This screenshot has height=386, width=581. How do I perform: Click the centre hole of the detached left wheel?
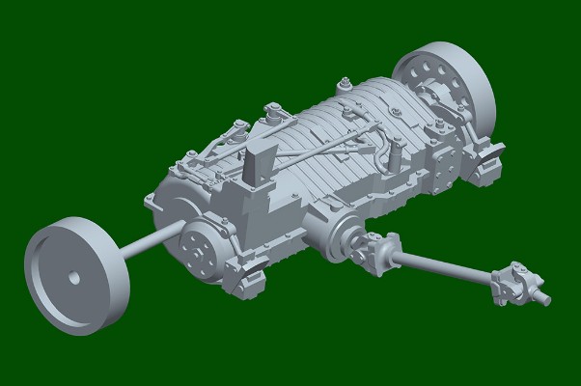tap(74, 277)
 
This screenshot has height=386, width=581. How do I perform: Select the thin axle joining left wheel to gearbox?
tap(145, 244)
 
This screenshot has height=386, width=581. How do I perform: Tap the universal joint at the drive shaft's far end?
tap(513, 286)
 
